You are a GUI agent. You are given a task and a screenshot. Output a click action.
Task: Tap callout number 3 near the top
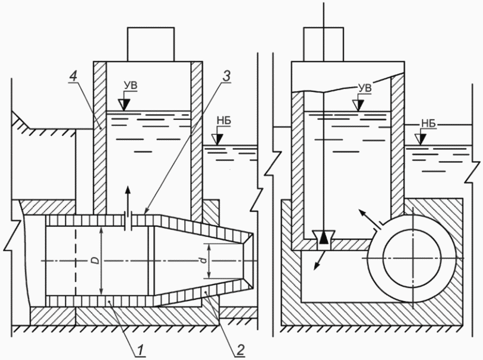click(x=226, y=76)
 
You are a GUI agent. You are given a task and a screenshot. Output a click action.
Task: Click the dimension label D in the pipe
click(x=96, y=261)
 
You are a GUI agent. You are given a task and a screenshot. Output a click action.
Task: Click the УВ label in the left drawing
click(x=131, y=86)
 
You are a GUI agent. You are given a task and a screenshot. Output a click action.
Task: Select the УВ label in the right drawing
click(x=365, y=87)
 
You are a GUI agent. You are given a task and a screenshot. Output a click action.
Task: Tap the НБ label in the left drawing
click(x=223, y=121)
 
